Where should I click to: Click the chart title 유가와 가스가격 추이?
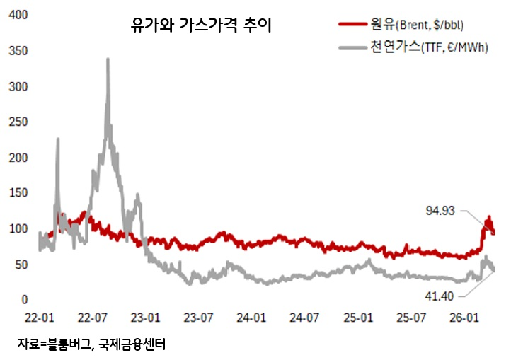[x=201, y=26]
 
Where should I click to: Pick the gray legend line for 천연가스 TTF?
[x=354, y=48]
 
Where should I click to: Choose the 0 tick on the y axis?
[x=23, y=301]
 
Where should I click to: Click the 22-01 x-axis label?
[x=40, y=319]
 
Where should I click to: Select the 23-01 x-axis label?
[x=147, y=319]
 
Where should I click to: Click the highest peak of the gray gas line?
[x=108, y=59]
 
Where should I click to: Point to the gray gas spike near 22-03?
[x=57, y=139]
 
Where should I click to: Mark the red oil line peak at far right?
[x=488, y=217]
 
